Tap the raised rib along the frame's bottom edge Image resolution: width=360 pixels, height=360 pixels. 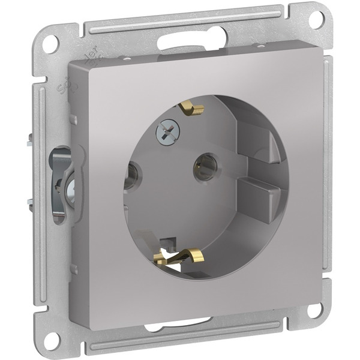pyautogui.click(x=180, y=345)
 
